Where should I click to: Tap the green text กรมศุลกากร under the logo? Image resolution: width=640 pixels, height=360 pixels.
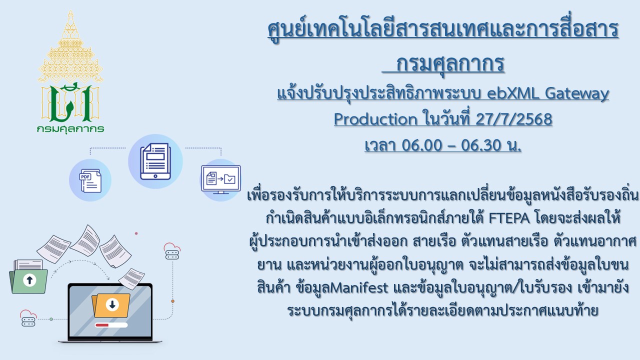70,129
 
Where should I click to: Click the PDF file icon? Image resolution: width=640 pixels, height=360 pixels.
90,180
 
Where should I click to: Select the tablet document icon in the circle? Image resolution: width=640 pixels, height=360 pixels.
155,161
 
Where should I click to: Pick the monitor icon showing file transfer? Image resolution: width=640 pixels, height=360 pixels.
221,179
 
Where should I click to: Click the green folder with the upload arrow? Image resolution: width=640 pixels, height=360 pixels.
28,276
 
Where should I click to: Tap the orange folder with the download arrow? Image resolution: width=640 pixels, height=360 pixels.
111,305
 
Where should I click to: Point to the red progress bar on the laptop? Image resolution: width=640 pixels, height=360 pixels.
111,325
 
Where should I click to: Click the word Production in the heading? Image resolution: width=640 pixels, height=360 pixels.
375,119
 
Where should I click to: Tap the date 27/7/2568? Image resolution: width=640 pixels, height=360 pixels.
513,119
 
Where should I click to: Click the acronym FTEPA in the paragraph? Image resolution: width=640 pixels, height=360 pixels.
509,218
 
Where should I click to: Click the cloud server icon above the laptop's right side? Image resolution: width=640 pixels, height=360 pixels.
172,251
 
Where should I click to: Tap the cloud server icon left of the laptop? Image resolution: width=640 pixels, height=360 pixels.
28,318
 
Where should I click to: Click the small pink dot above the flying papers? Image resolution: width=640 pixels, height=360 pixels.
136,233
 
